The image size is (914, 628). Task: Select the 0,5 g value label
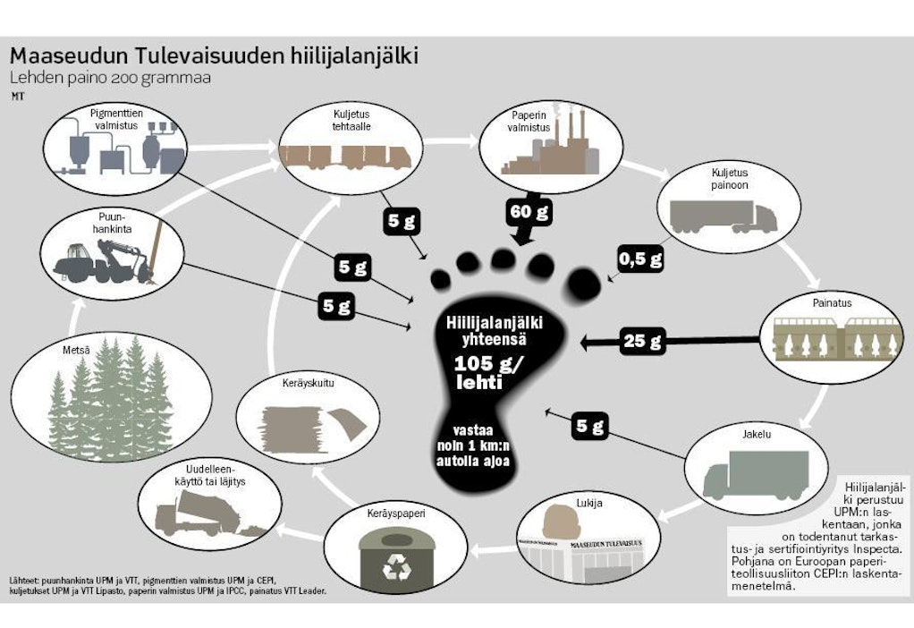pos(640,259)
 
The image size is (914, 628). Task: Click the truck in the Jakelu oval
pos(747,473)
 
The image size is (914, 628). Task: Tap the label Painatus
pos(833,303)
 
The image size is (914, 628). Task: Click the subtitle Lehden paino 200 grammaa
pos(110,79)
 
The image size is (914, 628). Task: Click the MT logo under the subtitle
pos(17,96)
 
